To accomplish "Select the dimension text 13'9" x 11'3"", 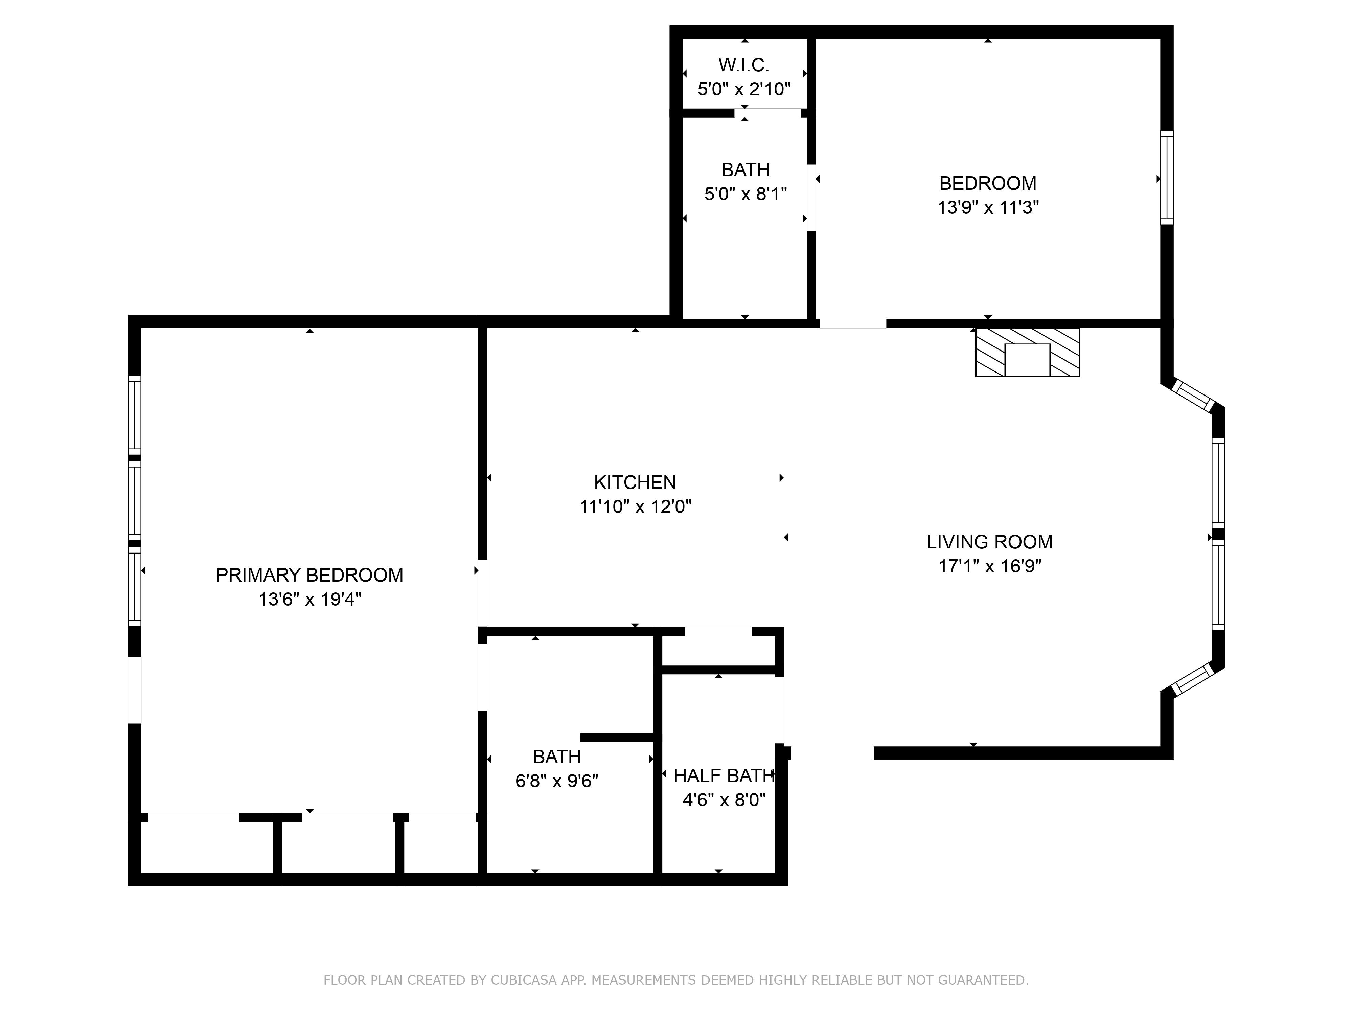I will (x=988, y=208).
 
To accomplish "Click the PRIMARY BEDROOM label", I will (x=309, y=575).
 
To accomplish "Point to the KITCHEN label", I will (x=635, y=483).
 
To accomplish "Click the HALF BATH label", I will (x=724, y=776).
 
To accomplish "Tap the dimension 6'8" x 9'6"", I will (x=557, y=781).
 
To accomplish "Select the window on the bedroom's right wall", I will (x=1167, y=177).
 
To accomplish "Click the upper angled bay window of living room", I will (x=1193, y=396).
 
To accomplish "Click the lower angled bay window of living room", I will (x=1193, y=680).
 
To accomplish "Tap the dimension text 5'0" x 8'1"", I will (x=745, y=195).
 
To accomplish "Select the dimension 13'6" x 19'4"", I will (x=309, y=600).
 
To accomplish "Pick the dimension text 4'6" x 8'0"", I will (x=724, y=800).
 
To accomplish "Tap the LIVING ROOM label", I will (x=989, y=542).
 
